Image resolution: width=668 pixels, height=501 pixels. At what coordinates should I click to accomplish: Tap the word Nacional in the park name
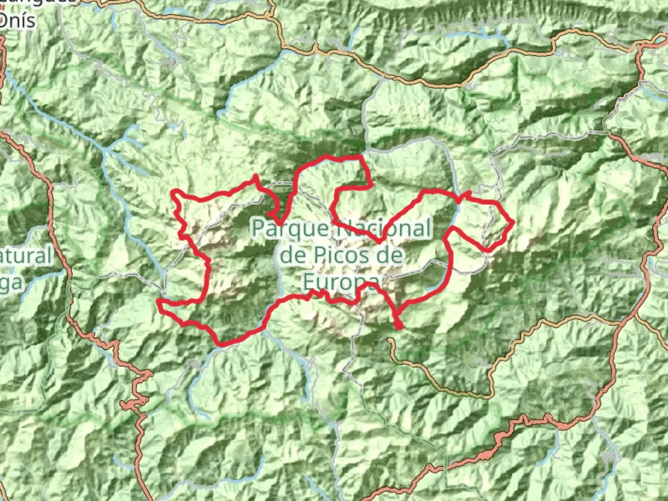(x=385, y=229)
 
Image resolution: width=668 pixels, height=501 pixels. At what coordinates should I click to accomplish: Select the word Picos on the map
(x=344, y=255)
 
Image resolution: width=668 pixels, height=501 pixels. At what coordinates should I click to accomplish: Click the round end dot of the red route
(x=398, y=326)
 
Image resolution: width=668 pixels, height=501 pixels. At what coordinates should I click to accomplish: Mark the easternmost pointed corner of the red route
(x=514, y=223)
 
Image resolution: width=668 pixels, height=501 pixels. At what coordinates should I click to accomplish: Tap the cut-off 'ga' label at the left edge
(x=11, y=282)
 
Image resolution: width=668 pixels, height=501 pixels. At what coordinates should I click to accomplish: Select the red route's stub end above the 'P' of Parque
(x=269, y=214)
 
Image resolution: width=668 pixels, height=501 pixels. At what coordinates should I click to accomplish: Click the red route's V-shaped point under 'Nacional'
(x=380, y=241)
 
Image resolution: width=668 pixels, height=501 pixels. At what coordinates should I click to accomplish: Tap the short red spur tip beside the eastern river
(x=469, y=193)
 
